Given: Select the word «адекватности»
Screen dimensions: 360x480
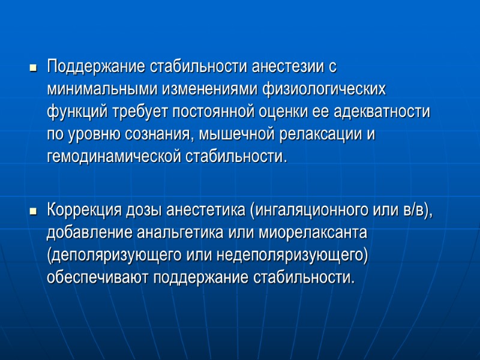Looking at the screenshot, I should (382, 111).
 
